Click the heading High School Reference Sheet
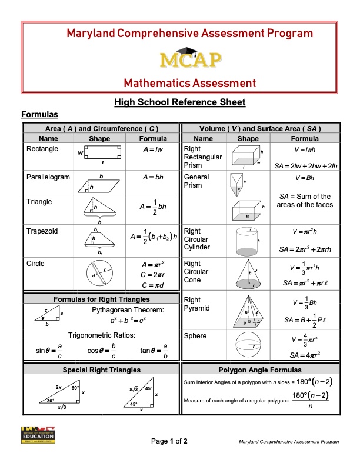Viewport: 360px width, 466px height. [180, 102]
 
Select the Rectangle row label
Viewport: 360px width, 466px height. [42, 149]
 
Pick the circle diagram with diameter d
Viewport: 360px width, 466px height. [99, 273]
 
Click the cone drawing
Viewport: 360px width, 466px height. [248, 274]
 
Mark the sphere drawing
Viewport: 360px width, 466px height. [248, 344]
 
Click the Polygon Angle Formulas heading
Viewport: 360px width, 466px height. [259, 370]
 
